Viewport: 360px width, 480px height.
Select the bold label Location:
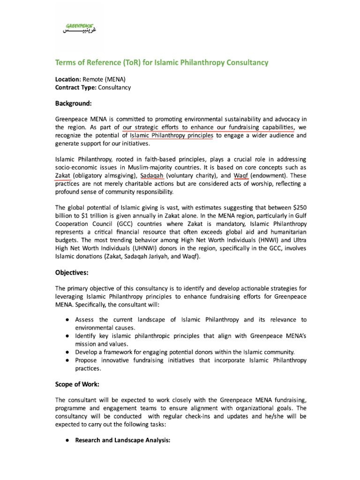pos(68,79)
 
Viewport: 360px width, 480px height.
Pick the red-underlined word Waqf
pos(241,175)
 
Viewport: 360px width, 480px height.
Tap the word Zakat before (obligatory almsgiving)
pos(63,175)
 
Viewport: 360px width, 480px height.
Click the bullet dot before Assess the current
pos(68,320)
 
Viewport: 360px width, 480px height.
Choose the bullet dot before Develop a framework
pos(68,352)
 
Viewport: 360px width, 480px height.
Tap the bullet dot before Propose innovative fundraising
pos(68,360)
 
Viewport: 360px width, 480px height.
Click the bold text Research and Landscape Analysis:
pos(122,441)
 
